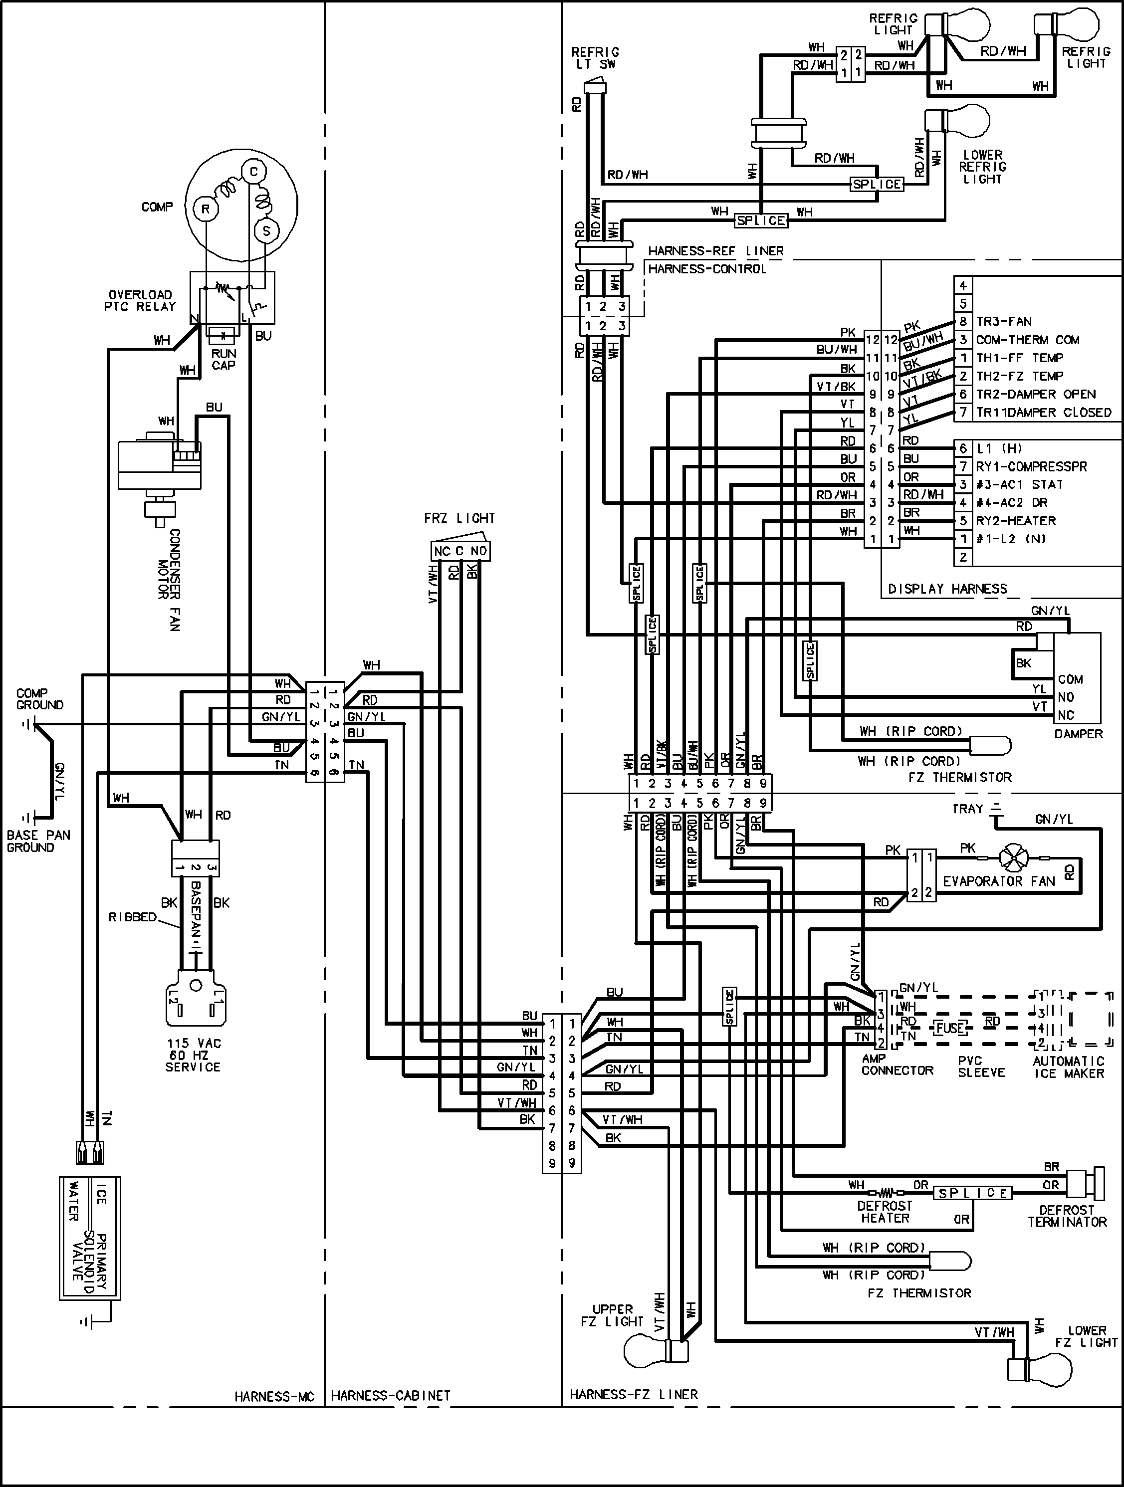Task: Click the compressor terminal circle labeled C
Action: (253, 172)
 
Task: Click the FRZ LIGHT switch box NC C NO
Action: (460, 551)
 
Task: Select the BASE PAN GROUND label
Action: (38, 841)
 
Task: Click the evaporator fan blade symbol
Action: (1013, 858)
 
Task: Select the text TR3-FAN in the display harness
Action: (1004, 321)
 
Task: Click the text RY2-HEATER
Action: (1016, 520)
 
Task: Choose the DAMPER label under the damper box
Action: (1078, 733)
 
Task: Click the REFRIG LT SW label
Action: (595, 58)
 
